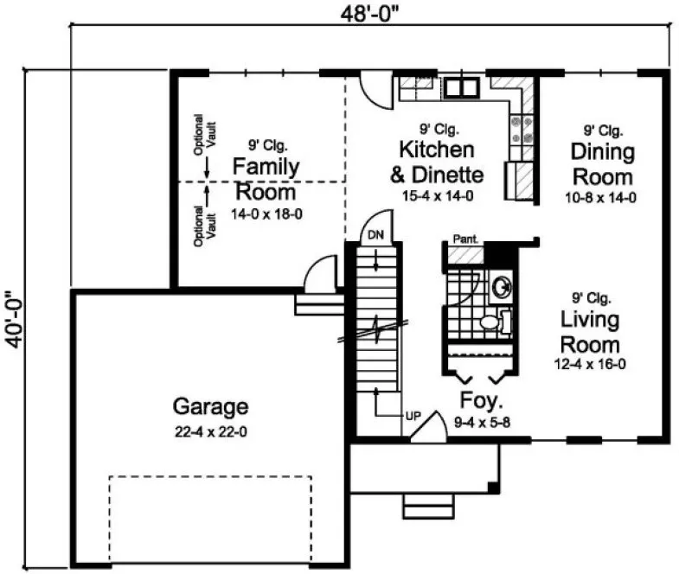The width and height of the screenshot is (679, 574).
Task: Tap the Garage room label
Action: (x=211, y=406)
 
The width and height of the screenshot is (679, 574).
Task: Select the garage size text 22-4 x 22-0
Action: (x=211, y=430)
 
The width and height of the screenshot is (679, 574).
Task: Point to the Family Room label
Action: (x=266, y=178)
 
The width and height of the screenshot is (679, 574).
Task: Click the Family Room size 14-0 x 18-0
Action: (x=266, y=213)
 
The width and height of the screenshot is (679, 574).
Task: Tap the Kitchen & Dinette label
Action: (x=437, y=162)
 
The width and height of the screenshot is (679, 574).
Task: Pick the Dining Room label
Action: (x=602, y=164)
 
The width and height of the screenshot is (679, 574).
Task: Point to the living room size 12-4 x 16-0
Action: (x=590, y=365)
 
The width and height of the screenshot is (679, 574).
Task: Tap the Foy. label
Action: (x=480, y=403)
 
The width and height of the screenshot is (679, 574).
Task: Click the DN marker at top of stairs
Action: (x=375, y=235)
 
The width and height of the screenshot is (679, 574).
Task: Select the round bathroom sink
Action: (x=500, y=285)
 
